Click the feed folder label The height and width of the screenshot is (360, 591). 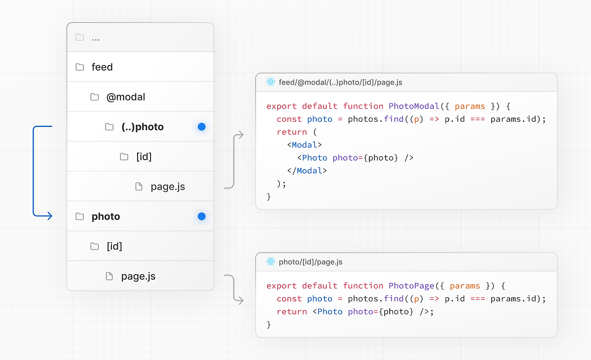pyautogui.click(x=102, y=67)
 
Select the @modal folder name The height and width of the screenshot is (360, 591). pyautogui.click(x=126, y=97)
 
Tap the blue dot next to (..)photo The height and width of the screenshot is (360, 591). pyautogui.click(x=202, y=127)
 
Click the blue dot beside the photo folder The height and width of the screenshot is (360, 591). pyautogui.click(x=202, y=216)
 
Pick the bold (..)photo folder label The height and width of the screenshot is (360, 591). pyautogui.click(x=143, y=127)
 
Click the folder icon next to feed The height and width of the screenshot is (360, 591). pyautogui.click(x=80, y=67)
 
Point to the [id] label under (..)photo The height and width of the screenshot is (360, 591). pyautogui.click(x=144, y=157)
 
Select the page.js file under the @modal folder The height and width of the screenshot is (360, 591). pyautogui.click(x=168, y=187)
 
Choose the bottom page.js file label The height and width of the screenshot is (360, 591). pyautogui.click(x=138, y=276)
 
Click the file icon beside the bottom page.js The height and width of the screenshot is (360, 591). pyautogui.click(x=109, y=276)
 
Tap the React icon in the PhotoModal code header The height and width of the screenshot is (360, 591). pyautogui.click(x=271, y=82)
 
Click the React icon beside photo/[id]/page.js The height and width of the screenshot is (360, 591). pyautogui.click(x=271, y=262)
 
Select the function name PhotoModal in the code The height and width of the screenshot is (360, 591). pyautogui.click(x=414, y=106)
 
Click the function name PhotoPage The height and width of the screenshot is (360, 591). pyautogui.click(x=411, y=286)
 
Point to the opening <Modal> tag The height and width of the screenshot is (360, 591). pyautogui.click(x=304, y=145)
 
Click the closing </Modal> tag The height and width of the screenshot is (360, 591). pyautogui.click(x=307, y=171)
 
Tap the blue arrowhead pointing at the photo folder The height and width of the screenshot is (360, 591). pyautogui.click(x=49, y=216)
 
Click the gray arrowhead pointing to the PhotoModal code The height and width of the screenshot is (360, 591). pyautogui.click(x=241, y=135)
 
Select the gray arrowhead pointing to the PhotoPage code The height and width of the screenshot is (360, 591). pyautogui.click(x=241, y=300)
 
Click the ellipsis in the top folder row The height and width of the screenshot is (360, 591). pyautogui.click(x=96, y=40)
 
